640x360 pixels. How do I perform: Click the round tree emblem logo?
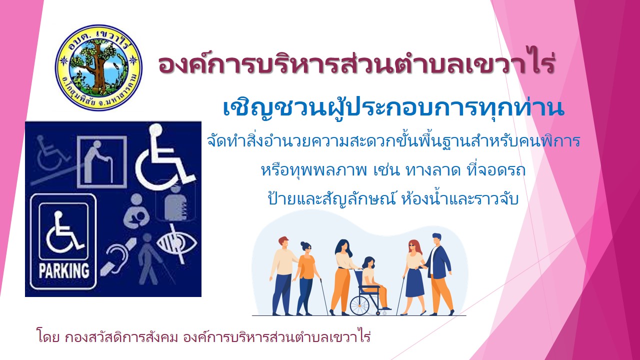(x=98, y=67)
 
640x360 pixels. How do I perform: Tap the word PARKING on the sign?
(x=63, y=270)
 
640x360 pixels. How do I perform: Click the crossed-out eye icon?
(x=176, y=243)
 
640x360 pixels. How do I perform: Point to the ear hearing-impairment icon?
(x=117, y=257)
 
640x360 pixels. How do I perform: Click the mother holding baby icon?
(x=136, y=211)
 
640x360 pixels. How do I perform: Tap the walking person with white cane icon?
(x=151, y=259)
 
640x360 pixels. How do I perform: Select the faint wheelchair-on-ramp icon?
(x=53, y=160)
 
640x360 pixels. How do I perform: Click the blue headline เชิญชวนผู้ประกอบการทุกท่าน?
(x=393, y=108)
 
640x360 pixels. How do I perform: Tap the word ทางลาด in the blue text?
(x=433, y=170)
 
